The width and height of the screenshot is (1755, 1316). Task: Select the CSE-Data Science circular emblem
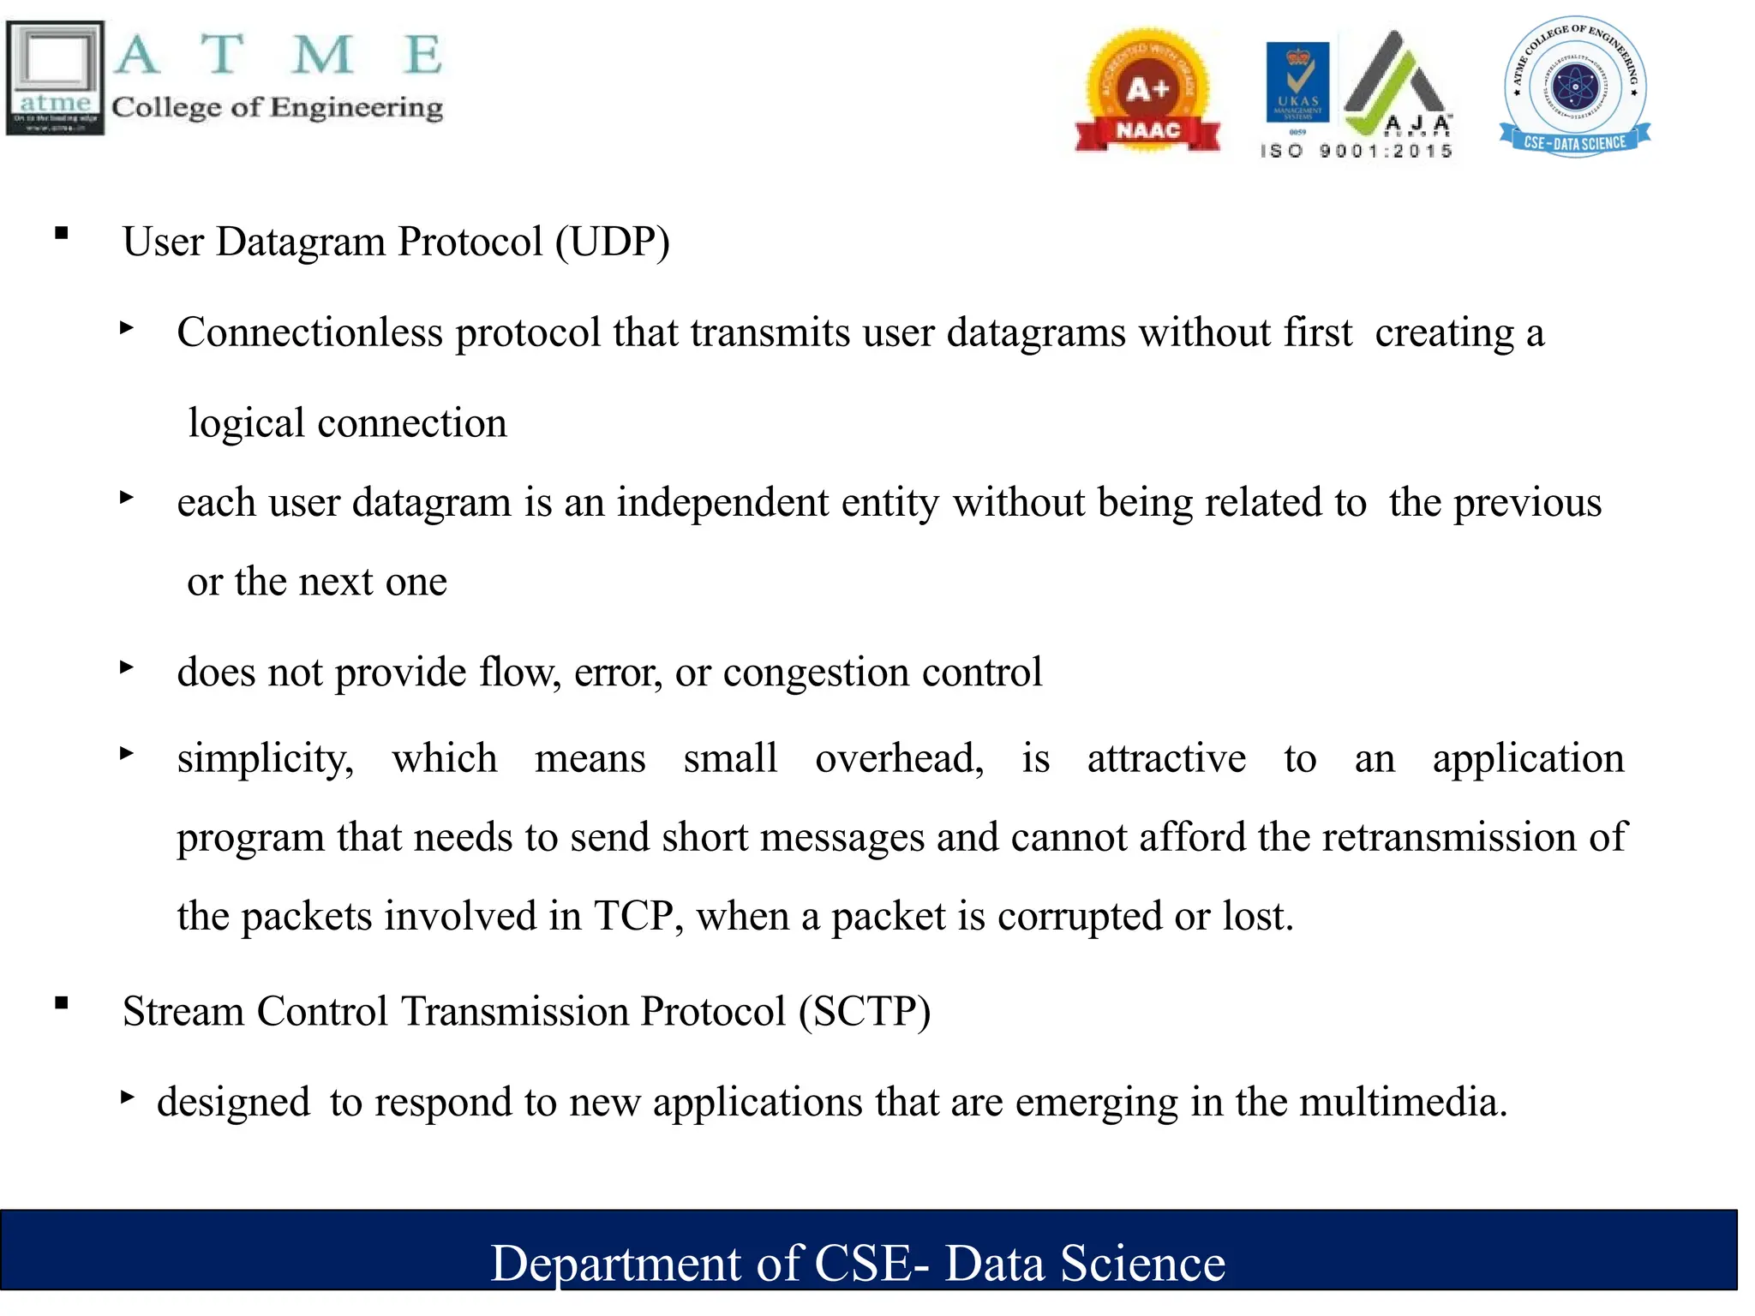click(1574, 87)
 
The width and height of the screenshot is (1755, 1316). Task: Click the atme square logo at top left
click(55, 78)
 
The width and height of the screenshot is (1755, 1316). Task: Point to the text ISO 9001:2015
click(1357, 152)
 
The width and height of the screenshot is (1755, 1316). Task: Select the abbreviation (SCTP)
click(865, 1012)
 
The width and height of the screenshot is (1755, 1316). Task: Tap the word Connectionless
click(309, 333)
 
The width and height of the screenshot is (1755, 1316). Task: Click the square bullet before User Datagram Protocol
click(61, 232)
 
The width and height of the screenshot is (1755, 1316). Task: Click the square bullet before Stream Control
click(61, 1002)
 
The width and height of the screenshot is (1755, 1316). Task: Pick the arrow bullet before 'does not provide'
click(127, 667)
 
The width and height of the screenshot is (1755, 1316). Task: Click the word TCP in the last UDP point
click(633, 917)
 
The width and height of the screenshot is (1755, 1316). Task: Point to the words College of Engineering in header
click(277, 108)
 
